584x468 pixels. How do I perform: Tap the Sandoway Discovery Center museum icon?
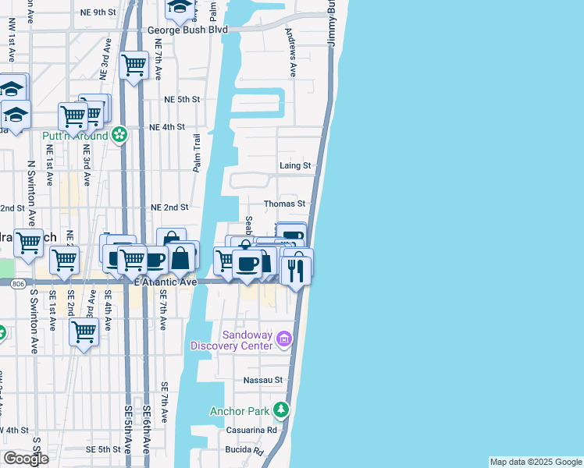pyautogui.click(x=283, y=339)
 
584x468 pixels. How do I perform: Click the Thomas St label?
pyautogui.click(x=284, y=204)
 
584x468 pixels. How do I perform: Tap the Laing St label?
pyautogui.click(x=295, y=165)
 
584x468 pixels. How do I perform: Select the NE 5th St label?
pyautogui.click(x=182, y=100)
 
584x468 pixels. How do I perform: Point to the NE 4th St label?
pyautogui.click(x=166, y=126)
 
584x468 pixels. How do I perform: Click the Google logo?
pyautogui.click(x=26, y=459)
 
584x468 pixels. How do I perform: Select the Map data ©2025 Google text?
pyautogui.click(x=536, y=462)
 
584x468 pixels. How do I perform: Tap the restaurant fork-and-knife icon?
pyautogui.click(x=296, y=270)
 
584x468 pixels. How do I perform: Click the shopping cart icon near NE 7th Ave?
pyautogui.click(x=134, y=64)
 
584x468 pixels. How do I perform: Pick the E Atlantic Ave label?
pyautogui.click(x=166, y=282)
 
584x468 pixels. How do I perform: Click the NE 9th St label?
pyautogui.click(x=98, y=12)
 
